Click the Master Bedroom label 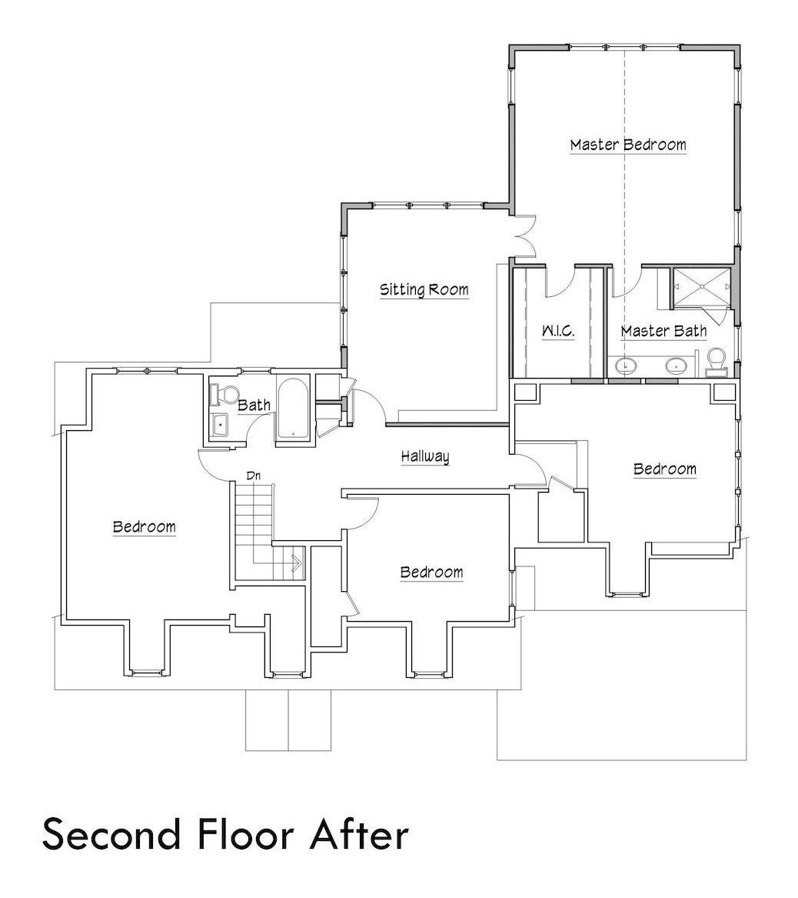(x=627, y=144)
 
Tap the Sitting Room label (x=424, y=289)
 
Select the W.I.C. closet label (x=558, y=331)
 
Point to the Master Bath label (x=663, y=331)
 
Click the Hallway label (x=425, y=456)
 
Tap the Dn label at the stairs (x=254, y=476)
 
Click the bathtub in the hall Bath (x=292, y=408)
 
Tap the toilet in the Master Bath (x=717, y=359)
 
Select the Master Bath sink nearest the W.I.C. (x=628, y=366)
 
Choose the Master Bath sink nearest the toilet (x=677, y=366)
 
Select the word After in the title (x=362, y=834)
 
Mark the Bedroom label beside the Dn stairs (x=144, y=527)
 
